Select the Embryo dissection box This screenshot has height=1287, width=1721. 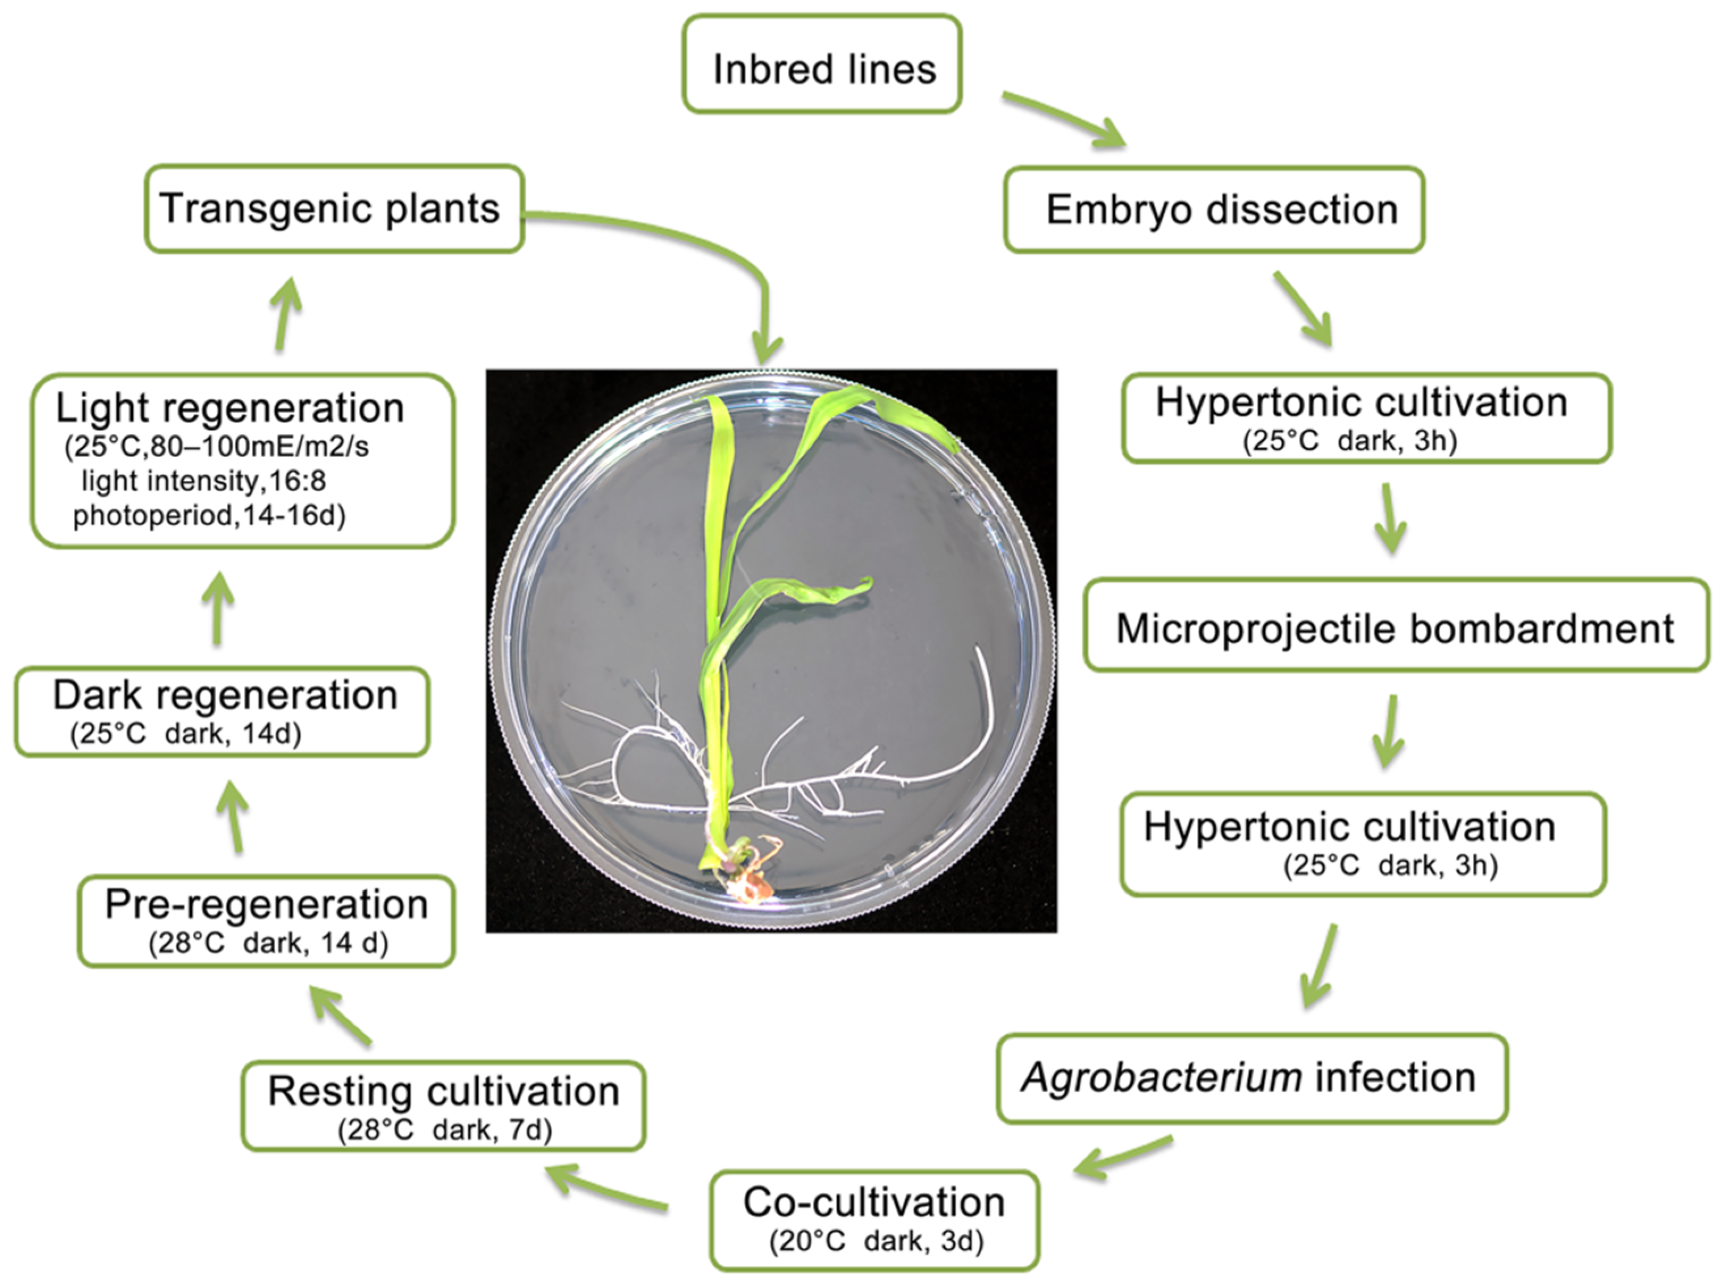tap(1214, 209)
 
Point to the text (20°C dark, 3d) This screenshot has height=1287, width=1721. tap(876, 1241)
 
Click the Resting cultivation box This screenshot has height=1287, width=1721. tap(443, 1105)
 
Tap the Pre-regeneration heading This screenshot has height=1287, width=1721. tap(266, 904)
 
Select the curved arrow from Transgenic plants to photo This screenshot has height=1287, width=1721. tap(739, 257)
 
